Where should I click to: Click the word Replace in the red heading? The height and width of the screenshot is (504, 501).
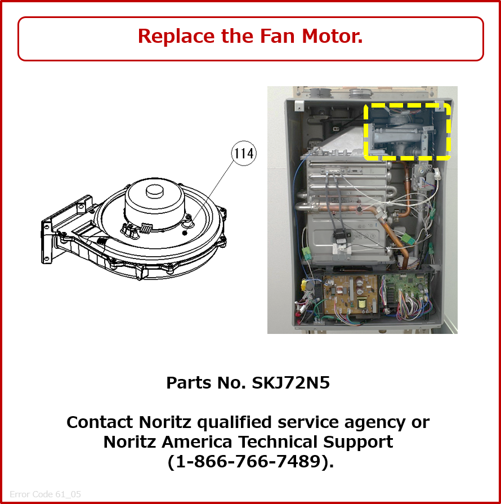(176, 36)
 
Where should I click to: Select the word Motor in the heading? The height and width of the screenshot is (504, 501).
(332, 35)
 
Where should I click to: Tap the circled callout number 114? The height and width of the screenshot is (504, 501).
(244, 153)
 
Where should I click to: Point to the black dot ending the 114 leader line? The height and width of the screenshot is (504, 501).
(185, 233)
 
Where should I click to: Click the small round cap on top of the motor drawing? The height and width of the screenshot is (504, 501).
(155, 191)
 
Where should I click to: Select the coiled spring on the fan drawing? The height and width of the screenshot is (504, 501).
(146, 228)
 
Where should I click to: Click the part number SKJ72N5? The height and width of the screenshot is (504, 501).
(291, 382)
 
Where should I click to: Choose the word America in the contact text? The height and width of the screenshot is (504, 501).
(196, 441)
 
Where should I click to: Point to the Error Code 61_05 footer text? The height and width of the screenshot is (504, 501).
(45, 494)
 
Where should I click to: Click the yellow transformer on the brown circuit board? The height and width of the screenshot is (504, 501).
(362, 303)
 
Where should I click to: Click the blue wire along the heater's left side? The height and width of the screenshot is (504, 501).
(296, 206)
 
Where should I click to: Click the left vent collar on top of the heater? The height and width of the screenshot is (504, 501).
(320, 92)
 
